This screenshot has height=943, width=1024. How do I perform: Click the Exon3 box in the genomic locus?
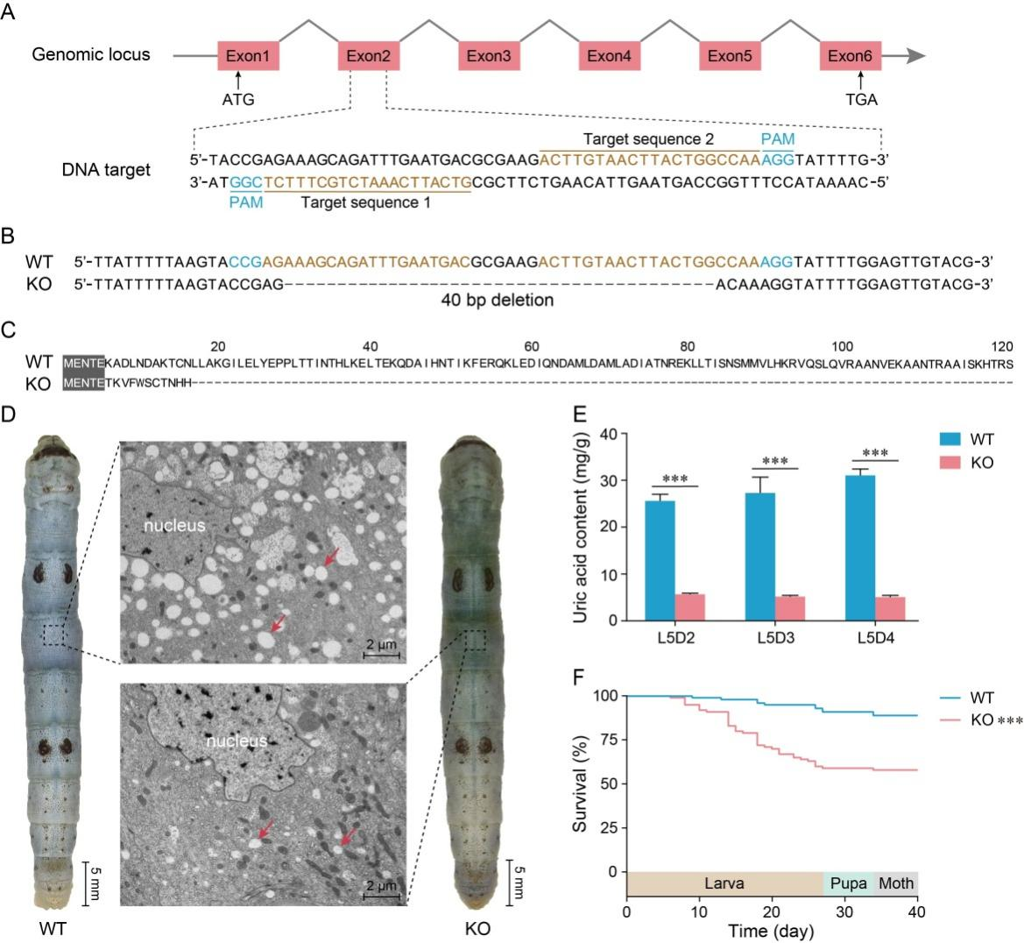(489, 56)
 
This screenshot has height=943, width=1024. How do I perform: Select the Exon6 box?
(850, 56)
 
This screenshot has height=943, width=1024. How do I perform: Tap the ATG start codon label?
(237, 99)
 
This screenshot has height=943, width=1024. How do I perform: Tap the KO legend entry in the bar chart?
(967, 463)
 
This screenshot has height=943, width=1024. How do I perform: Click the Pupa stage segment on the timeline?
(849, 883)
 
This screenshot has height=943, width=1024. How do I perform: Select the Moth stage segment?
(896, 883)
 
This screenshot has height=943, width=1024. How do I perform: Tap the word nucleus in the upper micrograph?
(176, 526)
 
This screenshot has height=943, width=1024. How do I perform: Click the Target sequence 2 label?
(648, 139)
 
